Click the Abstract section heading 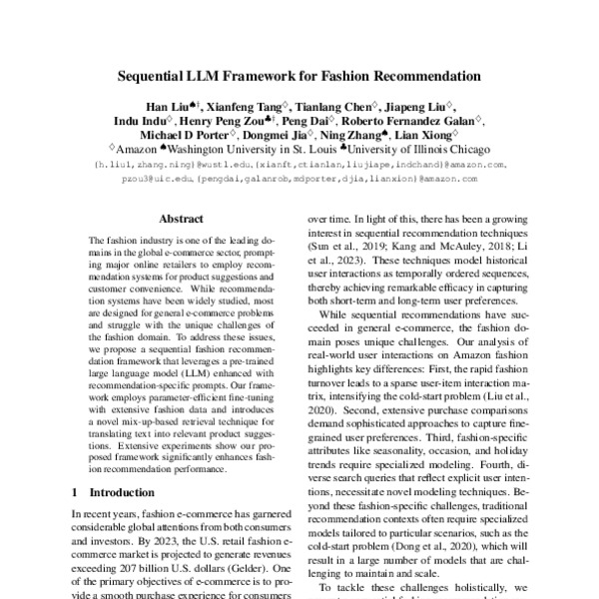[183, 216]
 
